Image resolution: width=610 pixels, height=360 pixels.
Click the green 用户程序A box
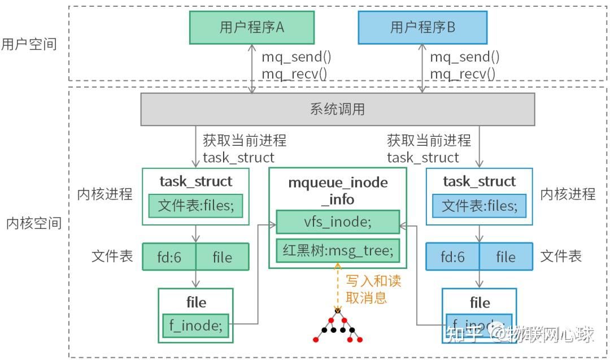tap(251, 28)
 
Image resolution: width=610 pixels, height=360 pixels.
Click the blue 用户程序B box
tap(422, 28)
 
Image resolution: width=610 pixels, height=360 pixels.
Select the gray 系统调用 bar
tap(337, 109)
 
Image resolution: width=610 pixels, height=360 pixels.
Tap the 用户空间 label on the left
tap(29, 45)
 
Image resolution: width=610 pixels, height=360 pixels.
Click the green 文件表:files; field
tap(195, 206)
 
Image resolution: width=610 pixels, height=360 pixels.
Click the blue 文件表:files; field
tap(479, 206)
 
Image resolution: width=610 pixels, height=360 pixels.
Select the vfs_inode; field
tap(338, 222)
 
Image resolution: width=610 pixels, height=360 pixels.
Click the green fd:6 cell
tap(169, 257)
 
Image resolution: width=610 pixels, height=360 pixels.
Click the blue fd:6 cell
tap(452, 257)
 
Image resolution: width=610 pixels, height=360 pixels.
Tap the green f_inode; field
tap(195, 325)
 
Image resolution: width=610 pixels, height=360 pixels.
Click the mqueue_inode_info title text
tap(338, 190)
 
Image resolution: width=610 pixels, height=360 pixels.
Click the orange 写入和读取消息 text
tap(373, 289)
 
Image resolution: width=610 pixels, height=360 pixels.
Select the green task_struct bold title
tap(195, 181)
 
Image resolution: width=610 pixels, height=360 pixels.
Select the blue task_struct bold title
tap(479, 181)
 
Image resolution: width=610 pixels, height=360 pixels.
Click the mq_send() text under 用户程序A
tap(296, 57)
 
